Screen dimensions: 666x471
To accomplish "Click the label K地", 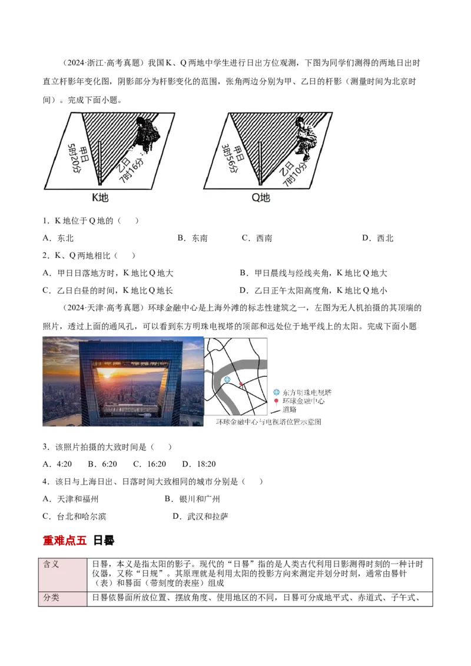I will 100,198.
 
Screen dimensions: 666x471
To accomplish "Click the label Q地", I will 261,198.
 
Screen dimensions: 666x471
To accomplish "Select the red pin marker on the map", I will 241,384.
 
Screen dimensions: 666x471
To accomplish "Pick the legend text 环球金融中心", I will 303,401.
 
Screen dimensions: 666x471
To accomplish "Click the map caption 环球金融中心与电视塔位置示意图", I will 268,422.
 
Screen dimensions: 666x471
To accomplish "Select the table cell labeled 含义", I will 52,564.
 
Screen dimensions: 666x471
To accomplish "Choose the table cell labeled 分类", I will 52,598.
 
